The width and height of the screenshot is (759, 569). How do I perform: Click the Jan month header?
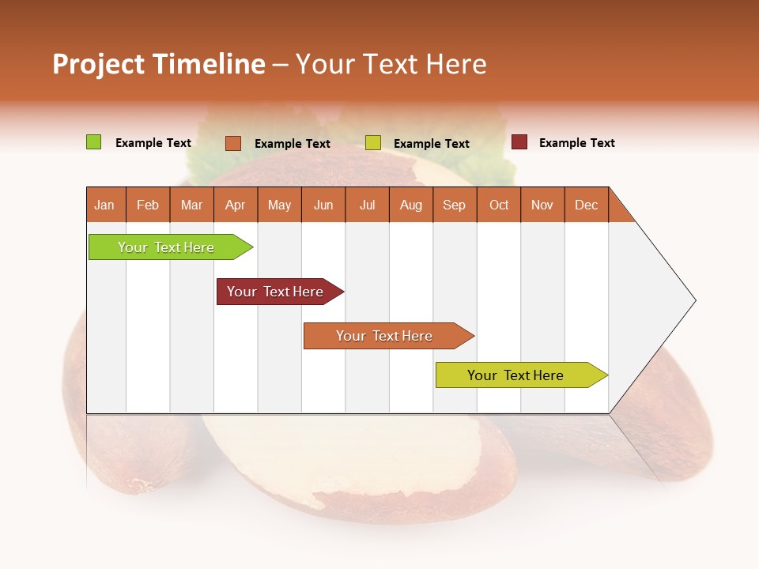pyautogui.click(x=105, y=205)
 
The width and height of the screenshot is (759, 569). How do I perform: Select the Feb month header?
pyautogui.click(x=148, y=205)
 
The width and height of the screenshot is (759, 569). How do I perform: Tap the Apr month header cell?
pyautogui.click(x=236, y=205)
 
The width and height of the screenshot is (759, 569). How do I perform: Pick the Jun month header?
pyautogui.click(x=323, y=205)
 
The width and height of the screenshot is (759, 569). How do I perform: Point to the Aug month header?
pyautogui.click(x=410, y=205)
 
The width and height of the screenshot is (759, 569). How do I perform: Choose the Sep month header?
pyautogui.click(x=454, y=205)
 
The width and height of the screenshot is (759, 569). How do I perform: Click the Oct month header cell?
pyautogui.click(x=499, y=205)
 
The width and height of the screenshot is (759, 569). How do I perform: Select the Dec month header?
pyautogui.click(x=586, y=205)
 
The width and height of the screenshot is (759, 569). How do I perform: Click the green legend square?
pyautogui.click(x=93, y=142)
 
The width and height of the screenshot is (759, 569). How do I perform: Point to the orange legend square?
pyautogui.click(x=232, y=143)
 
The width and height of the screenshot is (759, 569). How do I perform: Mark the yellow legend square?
pyautogui.click(x=373, y=143)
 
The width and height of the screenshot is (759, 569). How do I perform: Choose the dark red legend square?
pyautogui.click(x=519, y=142)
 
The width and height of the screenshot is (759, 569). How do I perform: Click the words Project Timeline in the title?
pyautogui.click(x=159, y=64)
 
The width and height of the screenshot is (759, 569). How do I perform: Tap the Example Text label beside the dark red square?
pyautogui.click(x=576, y=143)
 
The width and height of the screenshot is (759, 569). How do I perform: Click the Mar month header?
pyautogui.click(x=191, y=205)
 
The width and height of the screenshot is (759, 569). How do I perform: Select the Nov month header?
pyautogui.click(x=542, y=205)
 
